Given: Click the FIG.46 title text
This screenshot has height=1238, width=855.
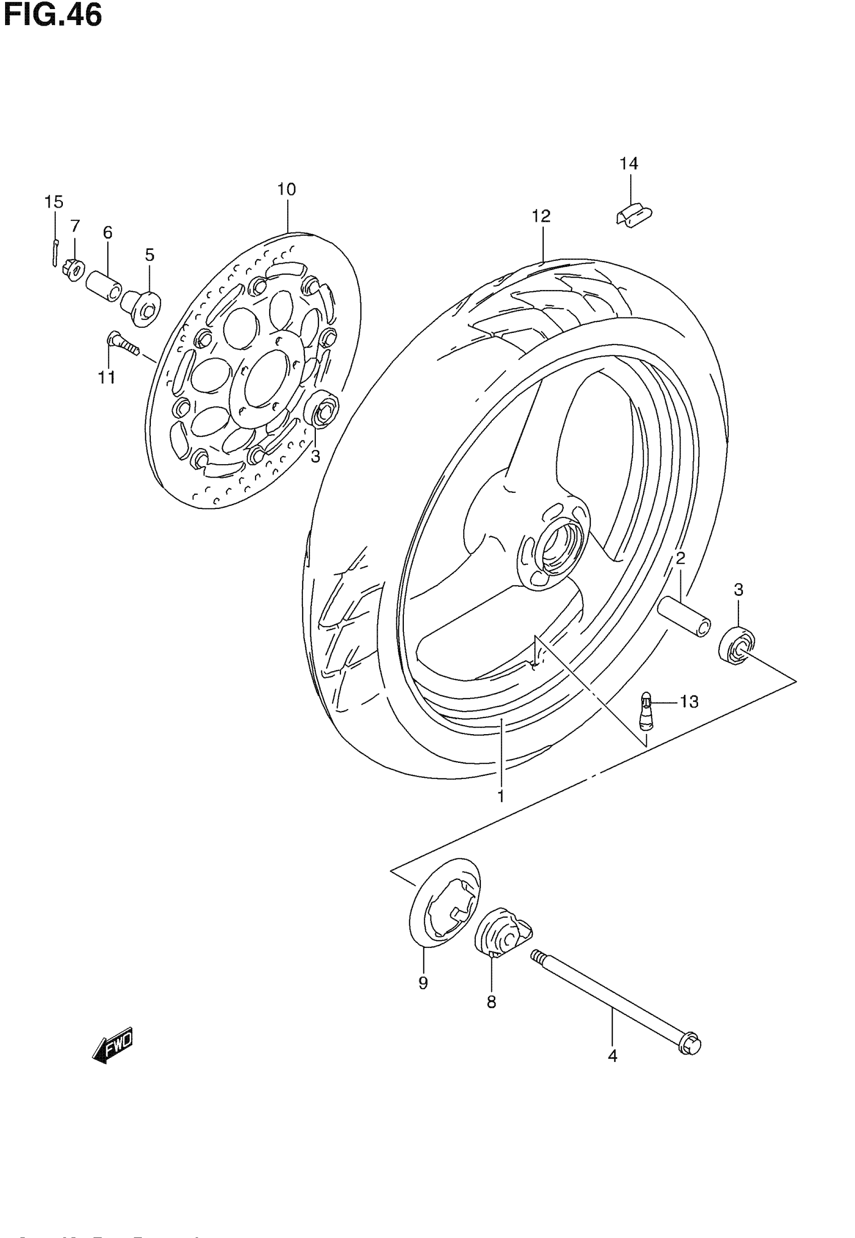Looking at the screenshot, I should click(x=52, y=16).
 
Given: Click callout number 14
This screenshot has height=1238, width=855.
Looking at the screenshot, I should click(x=629, y=164).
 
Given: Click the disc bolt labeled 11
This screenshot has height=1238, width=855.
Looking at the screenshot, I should click(x=123, y=343).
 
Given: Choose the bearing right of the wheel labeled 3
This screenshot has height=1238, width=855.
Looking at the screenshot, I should click(x=737, y=647).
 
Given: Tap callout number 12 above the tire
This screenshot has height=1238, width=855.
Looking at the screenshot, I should click(x=541, y=217).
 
